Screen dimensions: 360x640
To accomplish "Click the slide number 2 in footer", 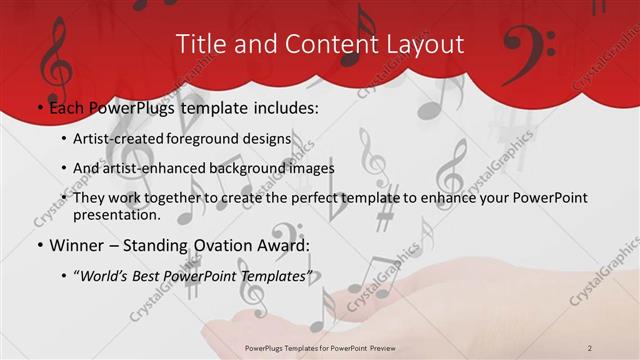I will click(x=591, y=347).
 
